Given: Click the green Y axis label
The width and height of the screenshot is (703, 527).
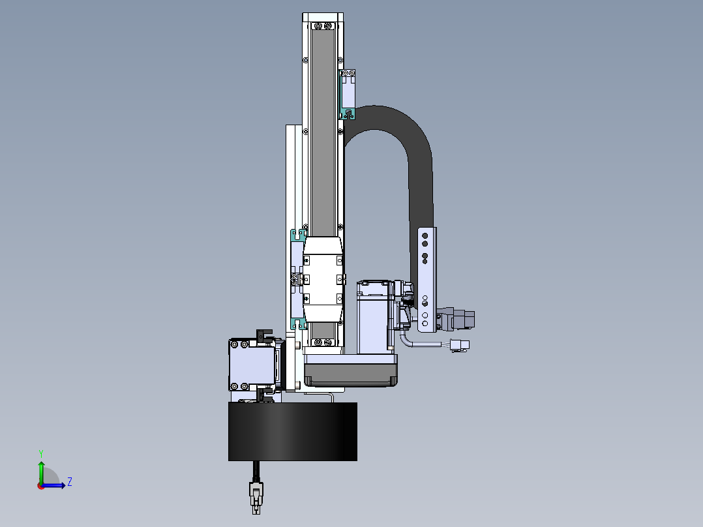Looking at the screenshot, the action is [x=41, y=453].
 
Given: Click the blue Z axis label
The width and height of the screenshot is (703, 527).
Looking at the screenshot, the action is [x=70, y=482].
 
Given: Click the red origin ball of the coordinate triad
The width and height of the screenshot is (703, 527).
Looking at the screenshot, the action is [x=41, y=486].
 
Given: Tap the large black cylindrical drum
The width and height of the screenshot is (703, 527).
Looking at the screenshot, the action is [x=293, y=432].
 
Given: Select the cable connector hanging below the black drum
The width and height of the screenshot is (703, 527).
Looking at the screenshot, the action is [x=256, y=498].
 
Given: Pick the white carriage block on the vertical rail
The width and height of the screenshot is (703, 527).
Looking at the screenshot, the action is [x=323, y=279].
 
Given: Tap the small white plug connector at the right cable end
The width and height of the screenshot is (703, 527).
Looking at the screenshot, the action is [x=460, y=345].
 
